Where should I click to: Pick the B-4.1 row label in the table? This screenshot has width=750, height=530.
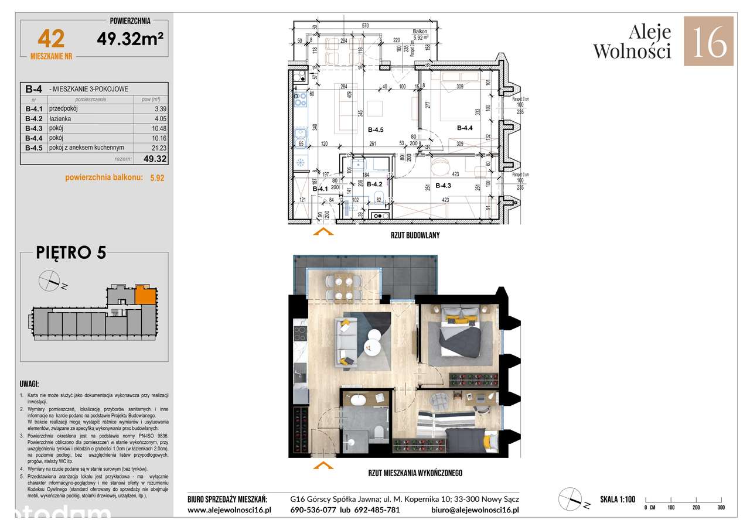36,109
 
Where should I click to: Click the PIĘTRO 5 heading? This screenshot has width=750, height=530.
71,252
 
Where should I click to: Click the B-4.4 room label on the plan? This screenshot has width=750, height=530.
465,128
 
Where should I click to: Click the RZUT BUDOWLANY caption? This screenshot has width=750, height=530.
415,235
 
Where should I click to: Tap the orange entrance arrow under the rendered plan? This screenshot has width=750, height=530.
322,466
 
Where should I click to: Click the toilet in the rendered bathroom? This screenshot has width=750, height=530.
380,433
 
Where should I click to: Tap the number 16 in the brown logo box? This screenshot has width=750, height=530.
708,41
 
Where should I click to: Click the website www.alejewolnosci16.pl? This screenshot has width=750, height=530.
229,510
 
